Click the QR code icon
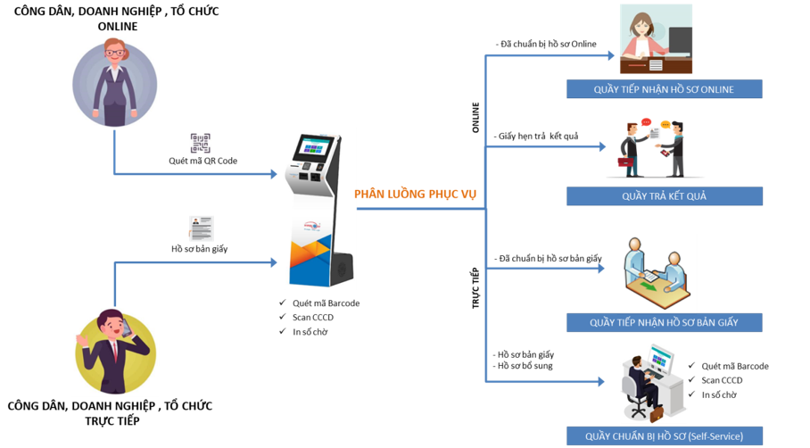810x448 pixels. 201,144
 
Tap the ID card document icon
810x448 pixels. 201,228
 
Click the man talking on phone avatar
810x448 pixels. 115,351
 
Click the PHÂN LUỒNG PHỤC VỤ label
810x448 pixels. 412,193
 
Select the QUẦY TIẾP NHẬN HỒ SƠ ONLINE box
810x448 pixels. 664,88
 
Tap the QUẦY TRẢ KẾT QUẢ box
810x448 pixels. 664,196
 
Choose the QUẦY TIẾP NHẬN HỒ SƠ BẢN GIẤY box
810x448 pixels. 664,322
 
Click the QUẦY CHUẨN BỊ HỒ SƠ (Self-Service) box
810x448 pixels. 664,436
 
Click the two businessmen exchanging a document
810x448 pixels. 654,148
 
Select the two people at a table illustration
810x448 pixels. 656,273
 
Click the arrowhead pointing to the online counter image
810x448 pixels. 611,55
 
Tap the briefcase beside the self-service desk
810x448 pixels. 656,414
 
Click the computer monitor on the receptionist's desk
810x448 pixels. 680,40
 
